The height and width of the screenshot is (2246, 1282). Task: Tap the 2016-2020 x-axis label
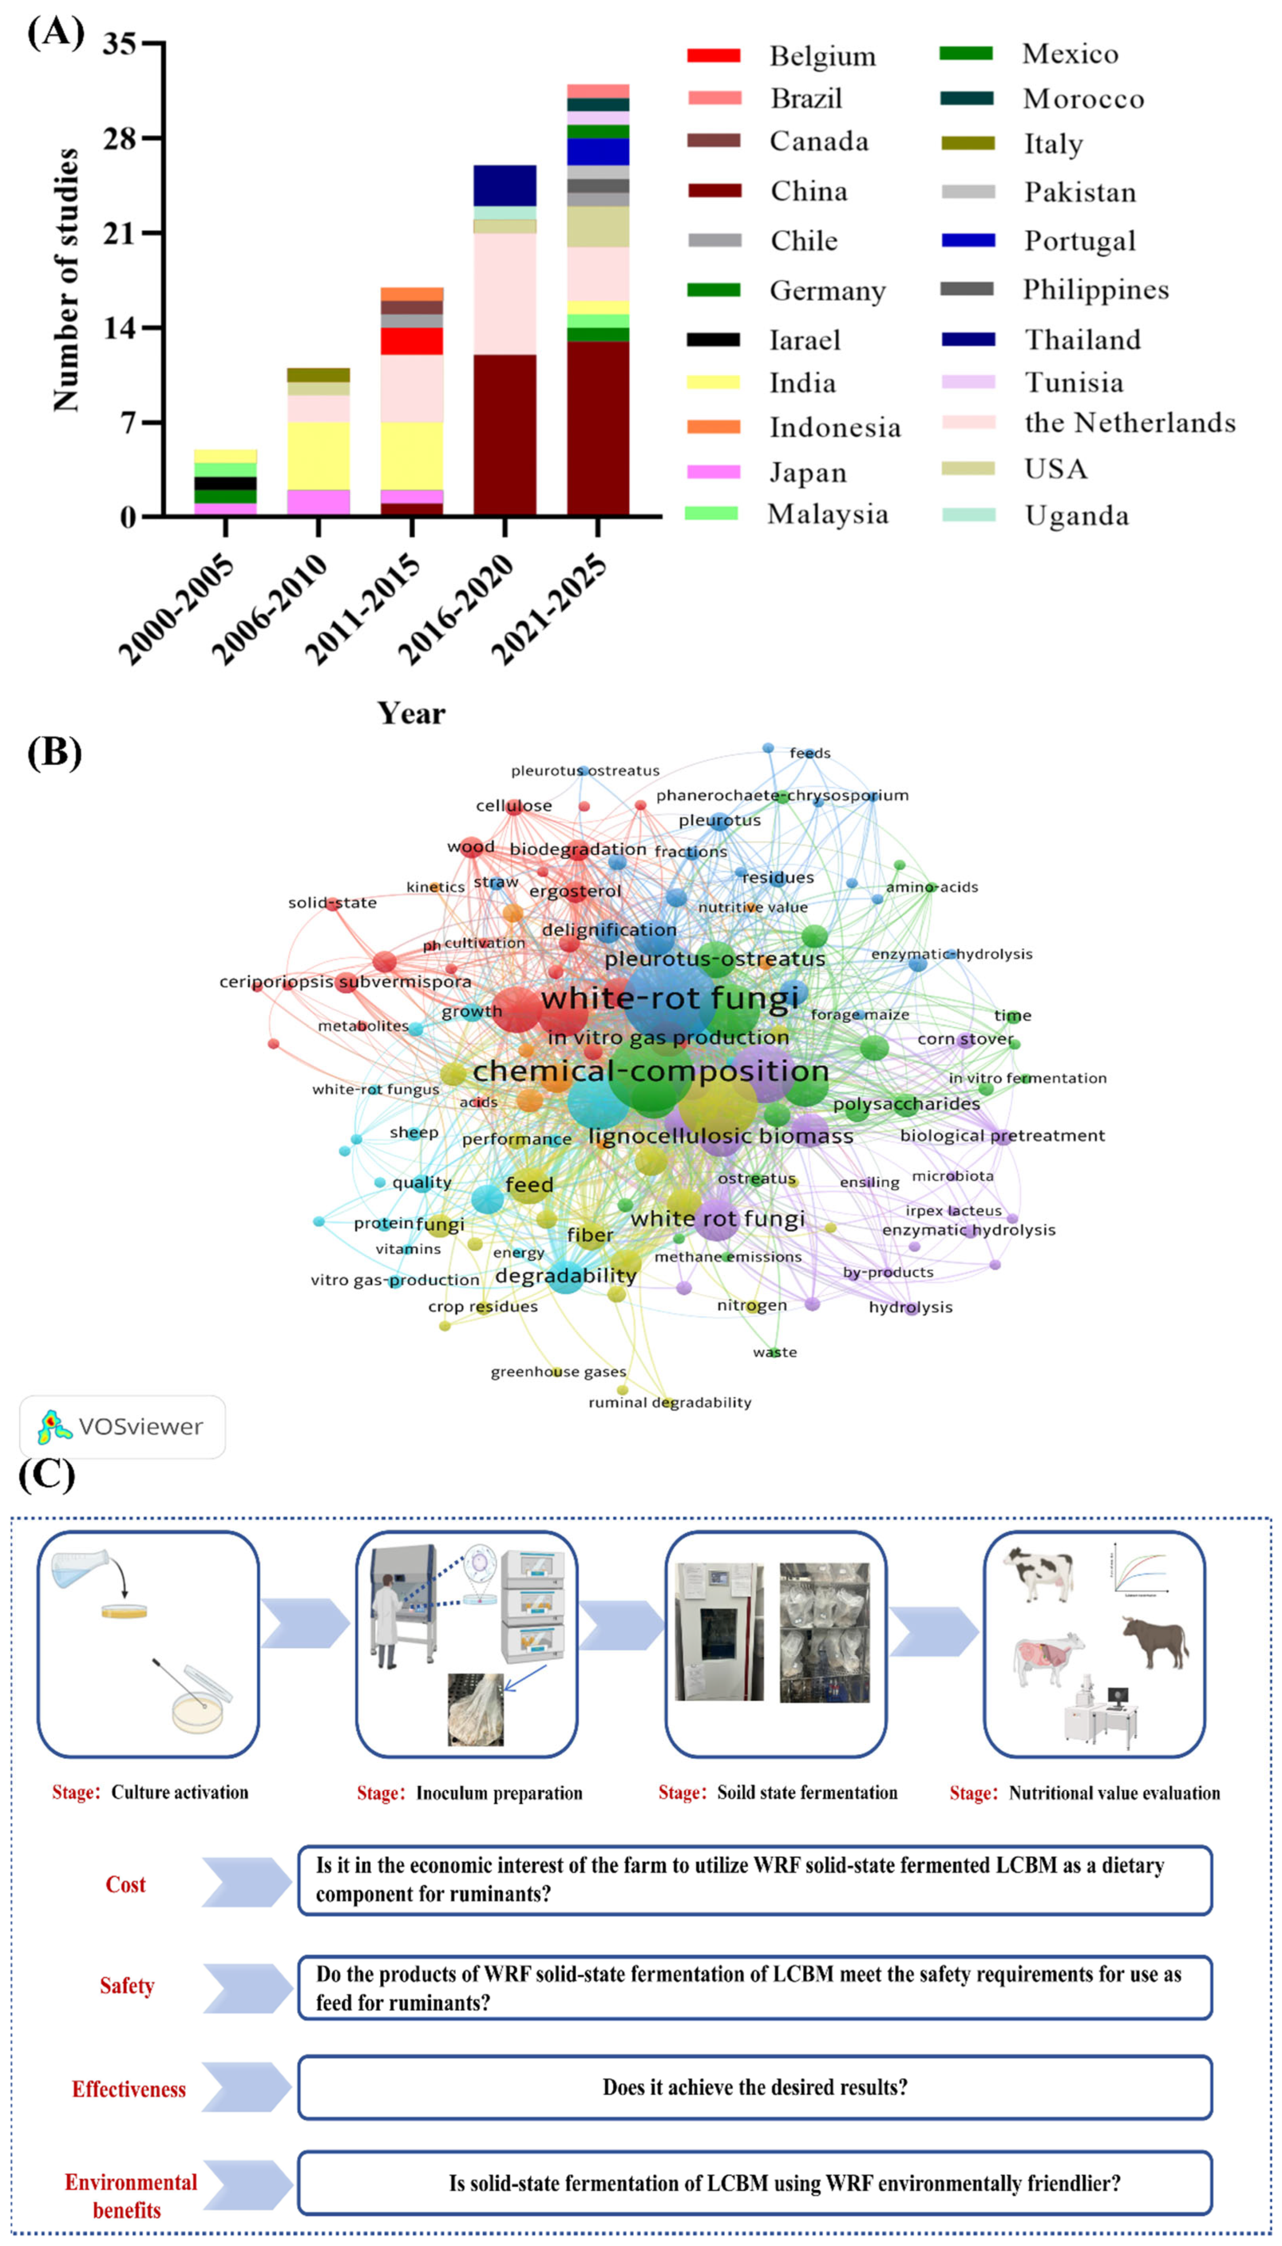(456, 607)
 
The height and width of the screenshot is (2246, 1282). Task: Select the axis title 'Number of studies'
(66, 280)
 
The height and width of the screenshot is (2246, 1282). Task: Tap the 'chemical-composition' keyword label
(651, 1071)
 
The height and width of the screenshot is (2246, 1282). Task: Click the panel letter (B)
(55, 754)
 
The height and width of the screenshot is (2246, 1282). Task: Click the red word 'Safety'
(127, 1986)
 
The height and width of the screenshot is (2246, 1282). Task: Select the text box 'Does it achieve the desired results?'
(755, 2088)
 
